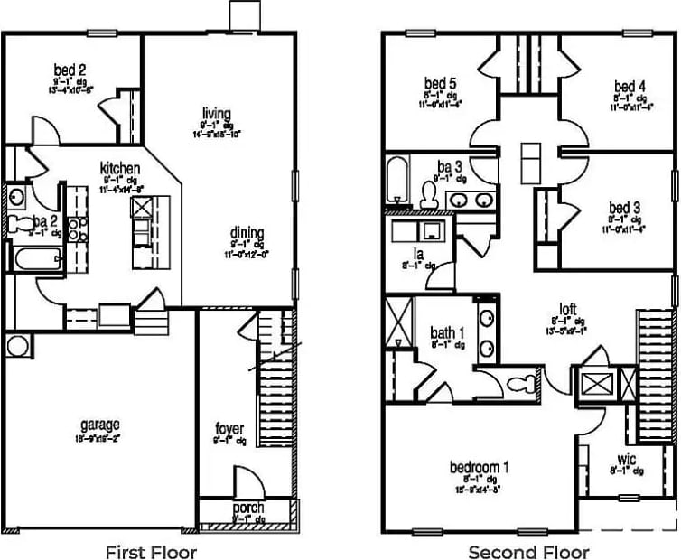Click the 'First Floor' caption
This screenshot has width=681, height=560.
tap(151, 551)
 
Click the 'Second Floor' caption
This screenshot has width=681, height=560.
tap(528, 551)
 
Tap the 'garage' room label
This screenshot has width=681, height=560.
tap(99, 425)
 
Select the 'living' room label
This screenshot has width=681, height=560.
tap(216, 114)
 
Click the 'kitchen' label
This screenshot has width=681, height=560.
tap(120, 168)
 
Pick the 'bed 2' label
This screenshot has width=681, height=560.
tap(70, 70)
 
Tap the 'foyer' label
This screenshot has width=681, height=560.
tap(229, 427)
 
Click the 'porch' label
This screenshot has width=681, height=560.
tap(247, 509)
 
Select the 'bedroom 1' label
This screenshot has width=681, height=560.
tap(480, 467)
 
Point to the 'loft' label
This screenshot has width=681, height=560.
tap(568, 308)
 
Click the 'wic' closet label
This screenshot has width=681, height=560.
tap(627, 459)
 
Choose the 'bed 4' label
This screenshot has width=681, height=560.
tap(630, 87)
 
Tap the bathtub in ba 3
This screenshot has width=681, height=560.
tap(396, 180)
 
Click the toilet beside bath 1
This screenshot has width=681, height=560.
tap(519, 384)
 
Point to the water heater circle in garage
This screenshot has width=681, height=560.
tap(17, 345)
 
